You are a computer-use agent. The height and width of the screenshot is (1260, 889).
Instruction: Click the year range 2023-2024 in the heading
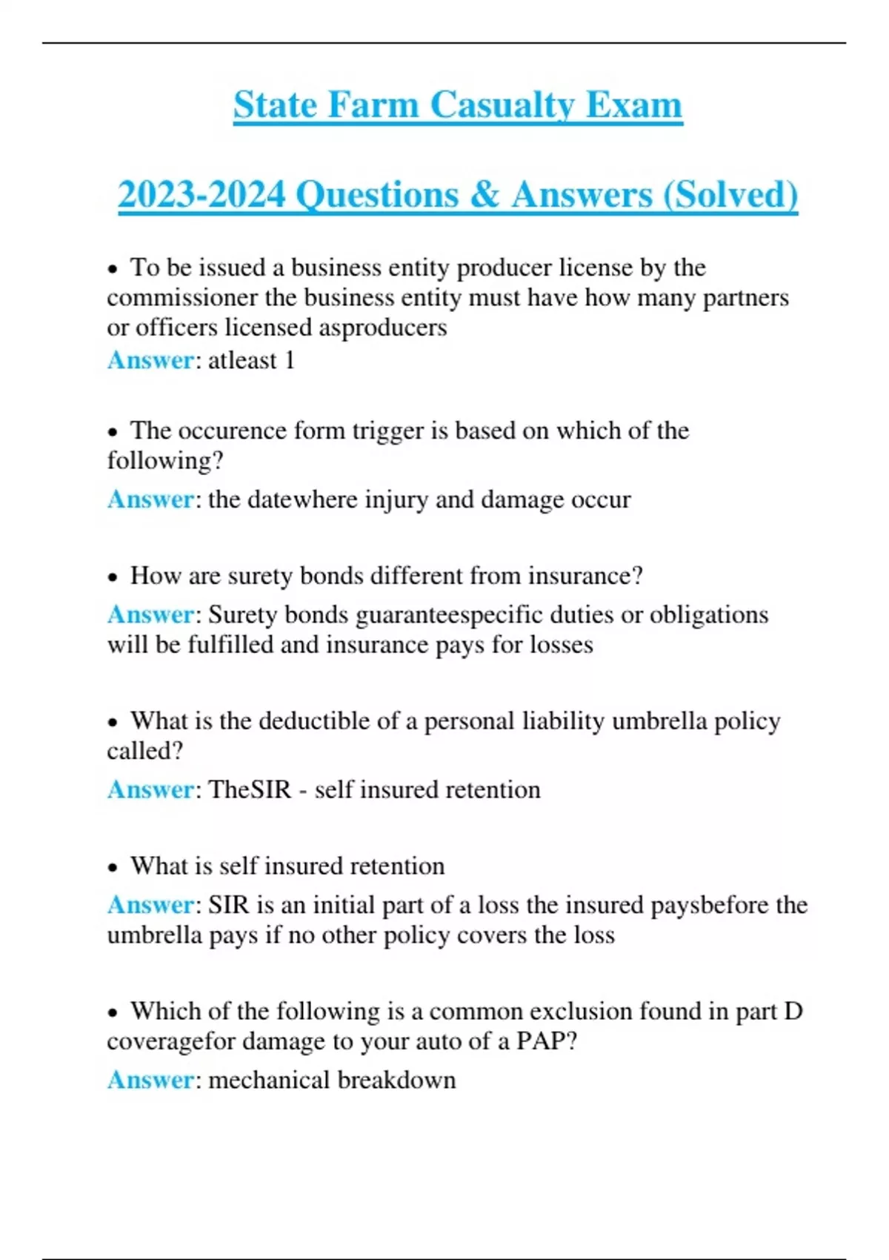[x=202, y=195]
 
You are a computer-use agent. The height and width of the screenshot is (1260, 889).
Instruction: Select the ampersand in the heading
[x=485, y=195]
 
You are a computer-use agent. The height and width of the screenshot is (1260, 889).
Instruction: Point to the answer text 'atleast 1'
[x=252, y=360]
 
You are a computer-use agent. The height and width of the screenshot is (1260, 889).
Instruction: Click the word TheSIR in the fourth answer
[x=250, y=789]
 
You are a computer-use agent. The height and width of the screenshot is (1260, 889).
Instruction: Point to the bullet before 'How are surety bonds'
[x=113, y=577]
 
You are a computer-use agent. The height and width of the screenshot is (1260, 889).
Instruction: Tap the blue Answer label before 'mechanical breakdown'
[x=150, y=1080]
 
